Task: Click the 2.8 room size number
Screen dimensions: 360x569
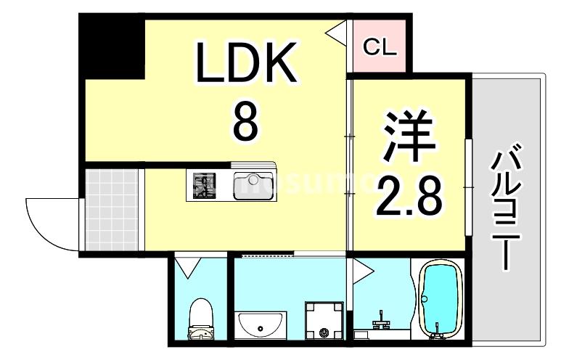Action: tap(408, 193)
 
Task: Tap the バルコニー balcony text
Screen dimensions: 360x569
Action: tap(506, 208)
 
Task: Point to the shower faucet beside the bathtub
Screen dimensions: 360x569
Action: tap(380, 319)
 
